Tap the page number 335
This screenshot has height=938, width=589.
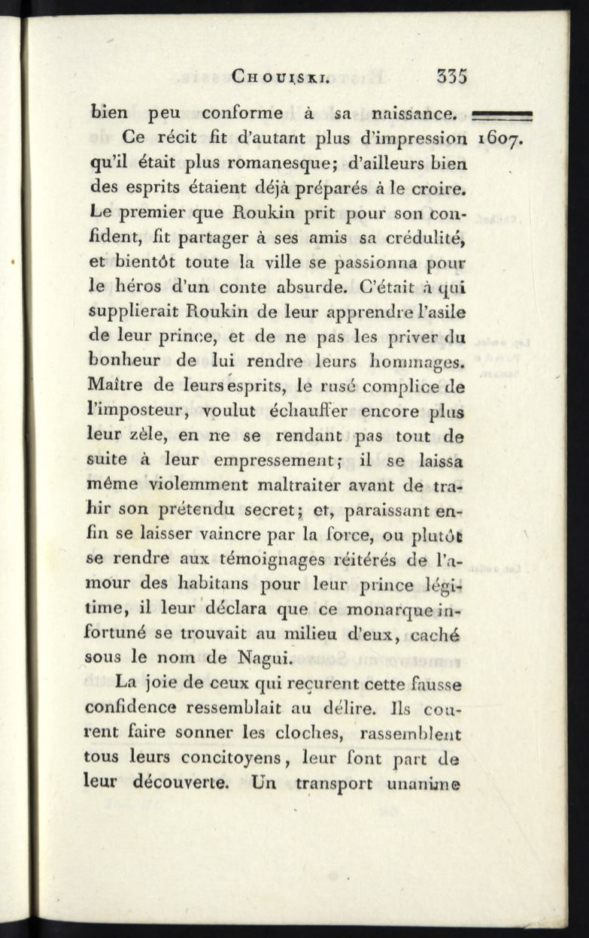[x=451, y=76]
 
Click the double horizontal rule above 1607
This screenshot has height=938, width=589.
[x=502, y=115]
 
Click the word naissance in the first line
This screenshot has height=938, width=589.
[x=415, y=115]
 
